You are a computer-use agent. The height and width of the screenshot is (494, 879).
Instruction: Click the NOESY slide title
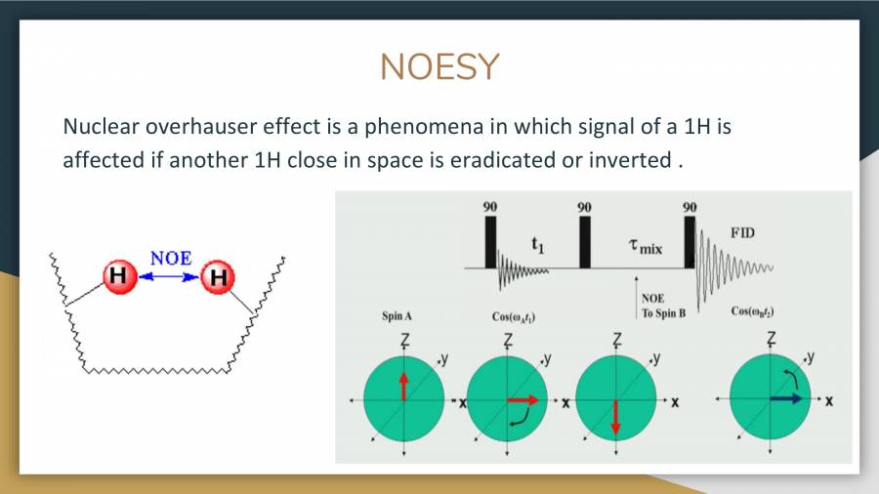(x=439, y=66)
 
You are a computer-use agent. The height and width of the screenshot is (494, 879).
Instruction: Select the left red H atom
(x=118, y=277)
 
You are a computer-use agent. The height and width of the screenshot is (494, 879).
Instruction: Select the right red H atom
(x=217, y=278)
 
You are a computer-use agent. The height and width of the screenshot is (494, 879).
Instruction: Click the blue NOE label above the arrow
(x=171, y=259)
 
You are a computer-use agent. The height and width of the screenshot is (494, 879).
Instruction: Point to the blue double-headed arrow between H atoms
(x=167, y=277)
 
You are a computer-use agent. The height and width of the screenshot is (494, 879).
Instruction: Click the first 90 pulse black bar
(x=491, y=241)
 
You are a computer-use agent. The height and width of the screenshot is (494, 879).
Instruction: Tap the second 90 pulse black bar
(x=584, y=241)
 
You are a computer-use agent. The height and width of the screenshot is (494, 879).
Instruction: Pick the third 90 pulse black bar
(x=690, y=241)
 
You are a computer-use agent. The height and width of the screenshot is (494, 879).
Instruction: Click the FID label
(x=742, y=233)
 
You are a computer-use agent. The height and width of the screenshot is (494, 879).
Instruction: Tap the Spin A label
(x=397, y=316)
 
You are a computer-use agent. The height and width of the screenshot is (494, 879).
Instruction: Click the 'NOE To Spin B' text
(x=663, y=307)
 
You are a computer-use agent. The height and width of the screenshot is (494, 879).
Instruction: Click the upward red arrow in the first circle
(x=402, y=384)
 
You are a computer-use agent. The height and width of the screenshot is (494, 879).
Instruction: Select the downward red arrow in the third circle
(x=615, y=417)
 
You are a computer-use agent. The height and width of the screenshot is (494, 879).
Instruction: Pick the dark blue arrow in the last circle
(x=785, y=398)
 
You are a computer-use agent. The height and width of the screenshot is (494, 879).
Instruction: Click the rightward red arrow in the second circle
(x=523, y=399)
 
